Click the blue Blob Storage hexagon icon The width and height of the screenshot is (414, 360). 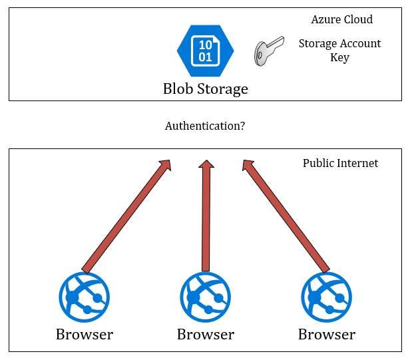click(x=206, y=51)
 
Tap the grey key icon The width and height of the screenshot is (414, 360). click(x=269, y=51)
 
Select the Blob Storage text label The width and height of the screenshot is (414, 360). click(x=206, y=89)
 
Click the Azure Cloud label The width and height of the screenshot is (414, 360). click(x=342, y=20)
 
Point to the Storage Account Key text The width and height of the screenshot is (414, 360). click(x=339, y=51)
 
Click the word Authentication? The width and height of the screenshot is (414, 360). click(x=205, y=126)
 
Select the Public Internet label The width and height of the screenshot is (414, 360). click(x=340, y=163)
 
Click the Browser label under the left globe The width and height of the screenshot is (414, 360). click(x=85, y=334)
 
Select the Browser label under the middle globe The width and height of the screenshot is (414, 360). click(x=206, y=334)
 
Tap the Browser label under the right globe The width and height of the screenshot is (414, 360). click(x=327, y=334)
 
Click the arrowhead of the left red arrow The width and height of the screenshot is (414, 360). click(x=166, y=166)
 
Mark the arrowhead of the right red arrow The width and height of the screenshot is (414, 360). click(x=248, y=166)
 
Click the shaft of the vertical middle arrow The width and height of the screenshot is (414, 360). click(x=206, y=220)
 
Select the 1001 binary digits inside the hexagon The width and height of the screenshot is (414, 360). click(x=206, y=51)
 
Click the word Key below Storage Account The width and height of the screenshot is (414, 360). click(x=339, y=58)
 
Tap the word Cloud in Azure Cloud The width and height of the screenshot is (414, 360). click(x=358, y=20)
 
